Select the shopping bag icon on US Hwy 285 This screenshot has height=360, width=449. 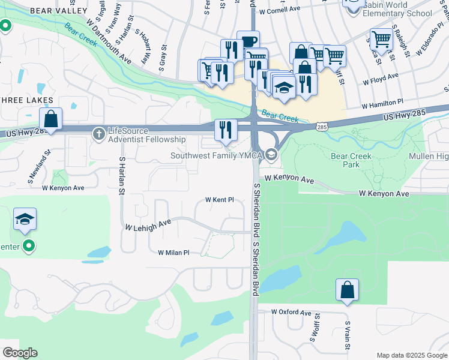click(52, 119)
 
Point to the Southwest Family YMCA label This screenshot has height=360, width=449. click(217, 156)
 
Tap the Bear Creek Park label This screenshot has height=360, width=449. click(352, 160)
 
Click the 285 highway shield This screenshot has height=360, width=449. click(322, 127)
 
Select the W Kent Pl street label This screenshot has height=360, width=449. click(219, 200)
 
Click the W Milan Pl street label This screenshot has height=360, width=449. click(173, 253)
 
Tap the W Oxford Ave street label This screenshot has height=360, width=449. click(291, 313)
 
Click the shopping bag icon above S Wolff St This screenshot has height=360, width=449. click(347, 290)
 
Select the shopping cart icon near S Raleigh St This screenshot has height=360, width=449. click(381, 39)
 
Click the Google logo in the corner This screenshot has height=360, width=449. click(20, 353)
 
